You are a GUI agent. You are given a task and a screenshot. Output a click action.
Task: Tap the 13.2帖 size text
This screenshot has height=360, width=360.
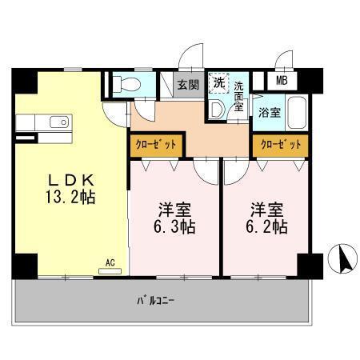pos(70,197)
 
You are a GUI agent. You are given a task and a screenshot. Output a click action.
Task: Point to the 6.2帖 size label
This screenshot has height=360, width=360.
pos(267,226)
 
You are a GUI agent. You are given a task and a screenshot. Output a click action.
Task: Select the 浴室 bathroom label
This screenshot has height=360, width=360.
pos(269,113)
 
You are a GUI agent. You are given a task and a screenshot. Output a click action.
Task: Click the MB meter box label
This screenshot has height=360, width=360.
pos(283,81)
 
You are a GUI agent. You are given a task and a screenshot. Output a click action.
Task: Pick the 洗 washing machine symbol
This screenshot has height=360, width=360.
pos(218,82)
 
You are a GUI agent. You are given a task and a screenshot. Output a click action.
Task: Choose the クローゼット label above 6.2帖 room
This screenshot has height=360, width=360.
pos(280,145)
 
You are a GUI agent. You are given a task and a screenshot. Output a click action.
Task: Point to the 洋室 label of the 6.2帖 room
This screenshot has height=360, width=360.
pos(267,210)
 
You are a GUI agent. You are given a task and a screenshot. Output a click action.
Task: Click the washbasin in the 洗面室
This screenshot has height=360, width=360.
pos(217,110)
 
